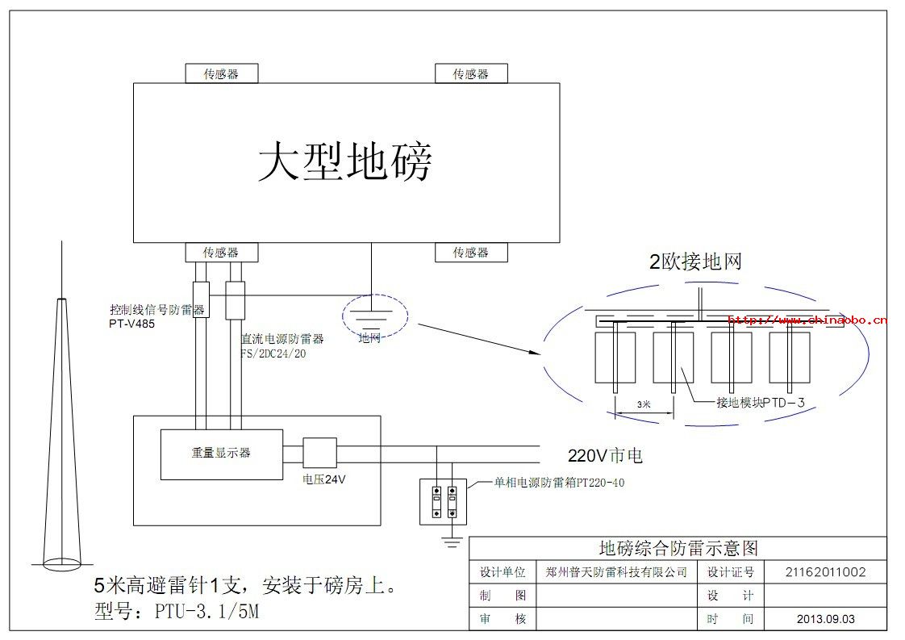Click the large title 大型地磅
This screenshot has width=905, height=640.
[345, 162]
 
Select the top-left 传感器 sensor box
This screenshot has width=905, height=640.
[221, 73]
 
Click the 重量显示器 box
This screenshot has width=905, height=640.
[221, 453]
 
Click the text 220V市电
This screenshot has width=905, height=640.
[605, 456]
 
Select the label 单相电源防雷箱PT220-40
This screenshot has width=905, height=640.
[559, 483]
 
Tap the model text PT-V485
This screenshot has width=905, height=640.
[131, 324]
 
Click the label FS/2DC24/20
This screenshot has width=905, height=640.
[274, 353]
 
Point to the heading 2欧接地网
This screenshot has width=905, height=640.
[695, 261]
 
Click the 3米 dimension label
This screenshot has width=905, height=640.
[644, 404]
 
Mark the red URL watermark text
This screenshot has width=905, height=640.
[807, 320]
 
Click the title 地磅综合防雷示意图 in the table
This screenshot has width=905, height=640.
[678, 549]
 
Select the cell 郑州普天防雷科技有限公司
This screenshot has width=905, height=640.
[616, 572]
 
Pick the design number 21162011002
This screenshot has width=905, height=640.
[825, 572]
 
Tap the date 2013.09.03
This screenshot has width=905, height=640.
[825, 619]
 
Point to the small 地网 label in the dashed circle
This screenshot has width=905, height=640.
[369, 338]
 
